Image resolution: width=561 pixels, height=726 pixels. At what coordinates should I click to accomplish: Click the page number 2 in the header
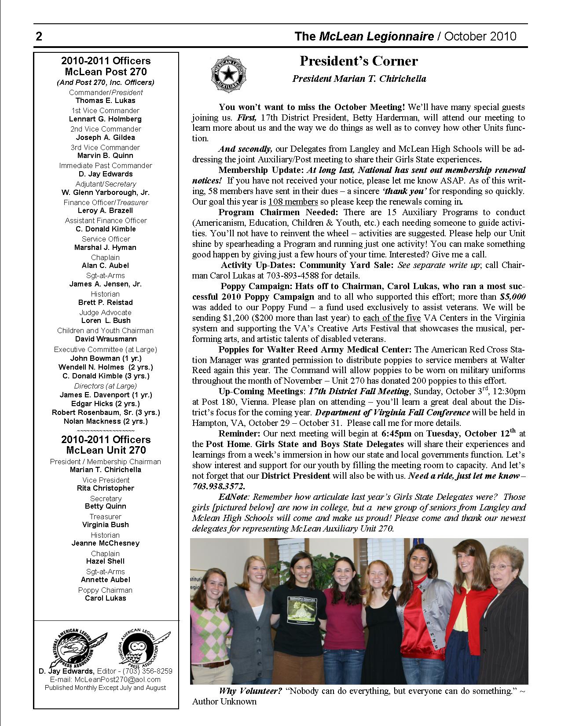[39, 37]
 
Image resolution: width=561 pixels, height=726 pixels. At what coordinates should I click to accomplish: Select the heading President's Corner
[359, 61]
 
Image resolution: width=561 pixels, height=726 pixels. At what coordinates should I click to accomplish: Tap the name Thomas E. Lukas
[106, 100]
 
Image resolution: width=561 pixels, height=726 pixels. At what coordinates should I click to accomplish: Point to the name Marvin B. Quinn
[106, 155]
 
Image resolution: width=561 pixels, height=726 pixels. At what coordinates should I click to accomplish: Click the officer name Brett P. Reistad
[106, 302]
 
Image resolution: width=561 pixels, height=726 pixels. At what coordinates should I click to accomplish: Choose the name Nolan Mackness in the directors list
[106, 421]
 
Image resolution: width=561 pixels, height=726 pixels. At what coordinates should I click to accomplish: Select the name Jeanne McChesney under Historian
[106, 543]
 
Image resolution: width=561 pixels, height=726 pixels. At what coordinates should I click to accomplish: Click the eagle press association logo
[75, 646]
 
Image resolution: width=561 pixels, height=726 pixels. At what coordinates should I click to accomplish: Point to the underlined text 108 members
[293, 202]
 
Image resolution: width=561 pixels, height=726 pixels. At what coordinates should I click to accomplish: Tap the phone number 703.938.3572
[218, 486]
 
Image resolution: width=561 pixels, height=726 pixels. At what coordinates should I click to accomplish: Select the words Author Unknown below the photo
[224, 701]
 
